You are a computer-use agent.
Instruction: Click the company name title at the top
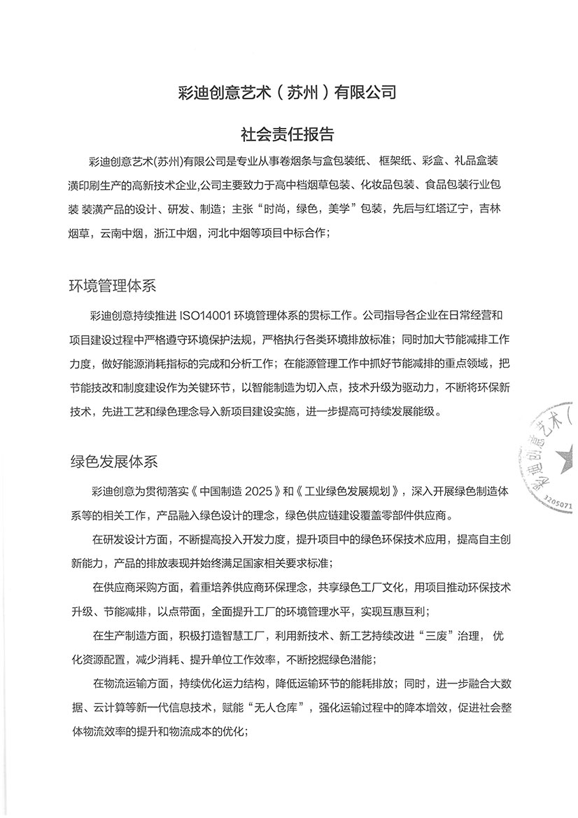(288, 92)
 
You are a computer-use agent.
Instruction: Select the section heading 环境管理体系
(113, 286)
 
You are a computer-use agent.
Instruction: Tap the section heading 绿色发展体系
(113, 462)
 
